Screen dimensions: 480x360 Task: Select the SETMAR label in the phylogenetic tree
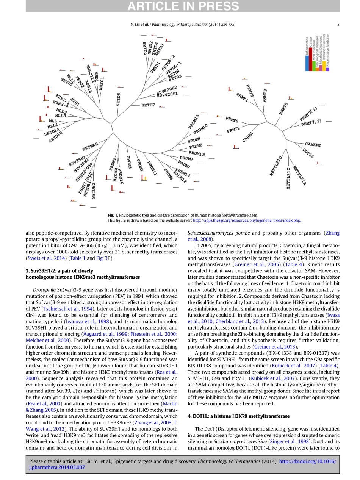(90, 147)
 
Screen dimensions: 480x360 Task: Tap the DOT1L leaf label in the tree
(308, 153)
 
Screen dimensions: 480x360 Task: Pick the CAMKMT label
(313, 145)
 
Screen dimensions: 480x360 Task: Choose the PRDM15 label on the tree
(194, 122)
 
